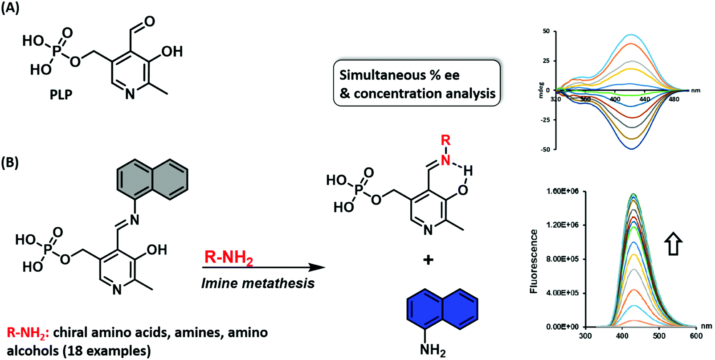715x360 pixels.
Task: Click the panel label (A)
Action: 10,8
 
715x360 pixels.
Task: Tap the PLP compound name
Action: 61,95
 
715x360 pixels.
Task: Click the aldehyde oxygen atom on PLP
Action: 150,21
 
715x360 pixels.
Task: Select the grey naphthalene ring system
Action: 152,180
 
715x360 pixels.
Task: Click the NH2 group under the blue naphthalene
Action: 432,350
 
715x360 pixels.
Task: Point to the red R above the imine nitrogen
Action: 445,141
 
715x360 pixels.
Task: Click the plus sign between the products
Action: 428,260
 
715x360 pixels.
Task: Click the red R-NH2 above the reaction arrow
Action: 229,258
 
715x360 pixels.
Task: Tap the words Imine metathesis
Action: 258,283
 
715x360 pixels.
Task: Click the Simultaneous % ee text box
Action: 417,84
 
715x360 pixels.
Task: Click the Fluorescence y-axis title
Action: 533,262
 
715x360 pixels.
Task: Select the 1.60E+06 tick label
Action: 560,191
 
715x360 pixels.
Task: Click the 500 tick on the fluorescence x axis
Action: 659,336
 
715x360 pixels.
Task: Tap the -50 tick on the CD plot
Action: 546,149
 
